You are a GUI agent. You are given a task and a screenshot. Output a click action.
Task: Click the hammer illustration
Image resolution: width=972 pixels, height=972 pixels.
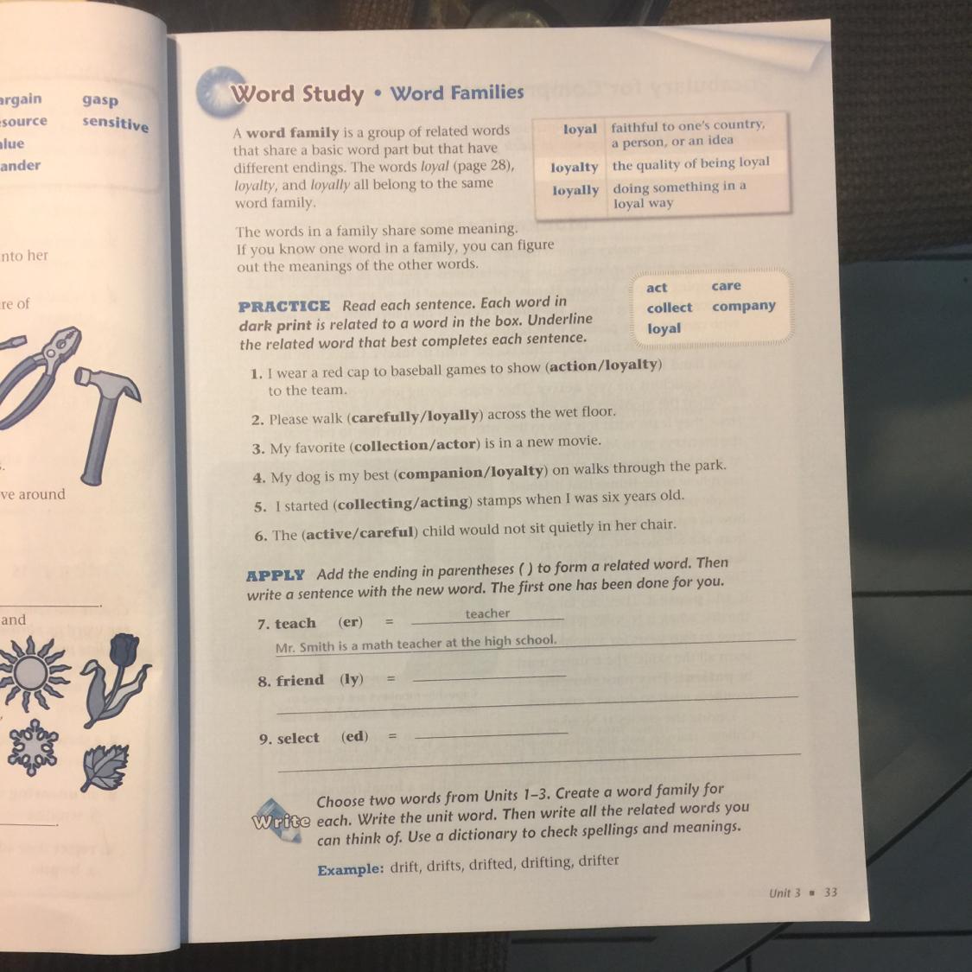[x=102, y=422]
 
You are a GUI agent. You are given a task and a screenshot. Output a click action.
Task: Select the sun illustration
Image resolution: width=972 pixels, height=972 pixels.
[x=31, y=672]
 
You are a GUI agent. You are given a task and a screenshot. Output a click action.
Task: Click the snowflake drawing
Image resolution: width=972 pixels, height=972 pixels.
[x=32, y=747]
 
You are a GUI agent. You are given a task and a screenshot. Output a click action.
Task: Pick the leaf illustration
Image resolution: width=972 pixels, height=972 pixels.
[x=105, y=767]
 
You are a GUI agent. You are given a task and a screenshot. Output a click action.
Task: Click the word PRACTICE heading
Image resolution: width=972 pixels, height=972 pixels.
[x=284, y=306]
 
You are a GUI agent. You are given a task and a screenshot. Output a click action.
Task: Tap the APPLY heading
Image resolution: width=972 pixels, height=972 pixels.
[x=276, y=575]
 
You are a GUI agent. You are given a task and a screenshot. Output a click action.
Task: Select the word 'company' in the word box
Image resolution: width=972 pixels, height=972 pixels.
[x=743, y=306]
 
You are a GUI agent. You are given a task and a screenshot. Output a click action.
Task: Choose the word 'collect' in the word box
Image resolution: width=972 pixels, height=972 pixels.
[x=669, y=308]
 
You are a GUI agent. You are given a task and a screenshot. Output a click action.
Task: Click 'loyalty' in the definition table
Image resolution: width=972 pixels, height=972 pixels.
[x=574, y=168]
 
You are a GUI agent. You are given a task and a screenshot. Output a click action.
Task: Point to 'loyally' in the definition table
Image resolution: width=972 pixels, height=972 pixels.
[x=575, y=190]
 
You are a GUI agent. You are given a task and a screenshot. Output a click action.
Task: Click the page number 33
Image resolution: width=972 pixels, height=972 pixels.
[x=830, y=892]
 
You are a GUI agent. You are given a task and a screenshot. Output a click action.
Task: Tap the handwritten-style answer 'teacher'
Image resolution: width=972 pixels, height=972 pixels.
[x=487, y=613]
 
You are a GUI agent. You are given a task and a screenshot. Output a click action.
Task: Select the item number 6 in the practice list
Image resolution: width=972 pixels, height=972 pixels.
[x=260, y=537]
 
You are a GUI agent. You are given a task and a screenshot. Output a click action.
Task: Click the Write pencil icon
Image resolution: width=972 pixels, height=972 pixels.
[x=280, y=820]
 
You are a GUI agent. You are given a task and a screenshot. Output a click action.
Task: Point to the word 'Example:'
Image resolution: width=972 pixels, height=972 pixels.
[x=350, y=869]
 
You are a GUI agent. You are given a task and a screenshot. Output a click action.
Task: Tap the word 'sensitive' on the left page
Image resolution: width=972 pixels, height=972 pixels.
[x=115, y=123]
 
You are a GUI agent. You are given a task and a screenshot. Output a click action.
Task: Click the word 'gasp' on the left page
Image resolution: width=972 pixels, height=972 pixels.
[x=100, y=100]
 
